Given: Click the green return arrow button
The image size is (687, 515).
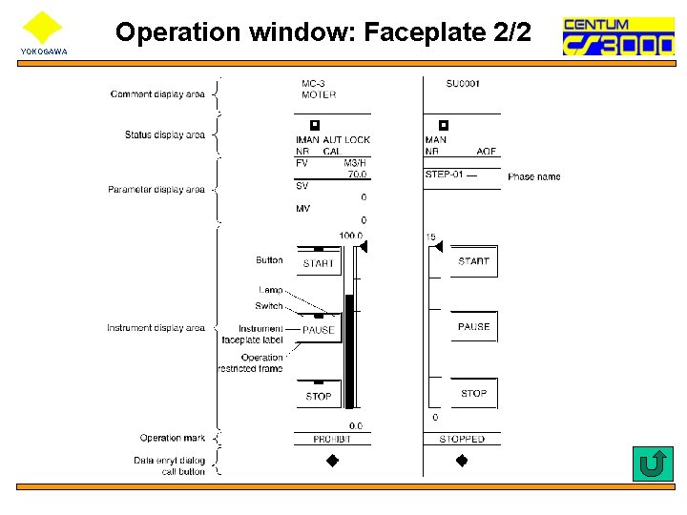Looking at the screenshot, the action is point(653,463).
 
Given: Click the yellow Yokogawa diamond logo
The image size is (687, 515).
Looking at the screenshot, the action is point(42,28).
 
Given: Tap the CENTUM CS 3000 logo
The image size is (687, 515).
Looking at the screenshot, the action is point(617,35).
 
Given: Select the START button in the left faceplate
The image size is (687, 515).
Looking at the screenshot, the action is point(319,263).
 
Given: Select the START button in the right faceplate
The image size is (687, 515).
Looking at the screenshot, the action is point(473,261).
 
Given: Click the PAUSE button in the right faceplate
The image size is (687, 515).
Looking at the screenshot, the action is point(473,326).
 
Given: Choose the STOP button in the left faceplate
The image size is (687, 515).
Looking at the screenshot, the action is point(319,396).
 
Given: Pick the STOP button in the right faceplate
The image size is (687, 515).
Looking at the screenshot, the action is point(473,393).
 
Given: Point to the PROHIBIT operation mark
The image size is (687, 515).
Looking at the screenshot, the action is point(332,439).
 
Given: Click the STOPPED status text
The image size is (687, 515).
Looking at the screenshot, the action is point(462,439).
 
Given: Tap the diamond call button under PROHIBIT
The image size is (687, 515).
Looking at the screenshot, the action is point(333,461).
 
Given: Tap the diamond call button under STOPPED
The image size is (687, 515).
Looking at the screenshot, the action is point(462,461).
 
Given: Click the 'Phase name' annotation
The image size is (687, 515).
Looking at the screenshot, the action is point(534,176).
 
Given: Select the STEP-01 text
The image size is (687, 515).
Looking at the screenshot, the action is point(445,175).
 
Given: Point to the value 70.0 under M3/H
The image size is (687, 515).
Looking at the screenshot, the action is point(356,175).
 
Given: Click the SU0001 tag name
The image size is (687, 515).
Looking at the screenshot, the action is point(463,84).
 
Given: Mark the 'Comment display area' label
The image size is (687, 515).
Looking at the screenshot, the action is point(157,94).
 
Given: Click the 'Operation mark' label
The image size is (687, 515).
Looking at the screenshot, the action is point(173,438).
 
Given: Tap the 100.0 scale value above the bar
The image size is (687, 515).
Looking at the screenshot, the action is point(350,236).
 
